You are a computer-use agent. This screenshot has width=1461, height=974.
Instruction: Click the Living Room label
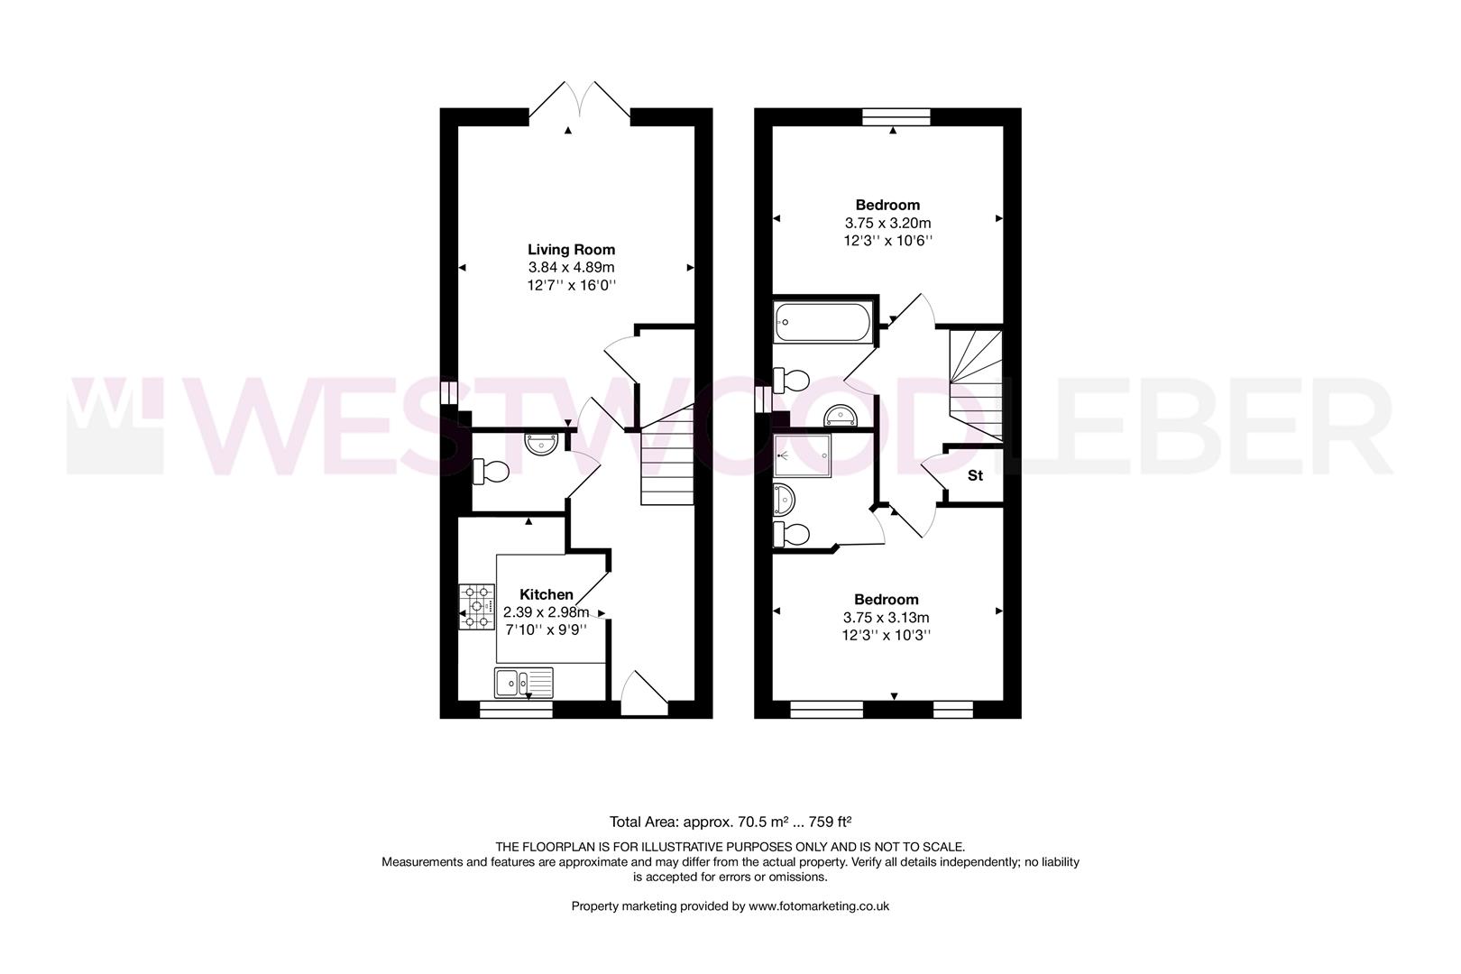click(571, 250)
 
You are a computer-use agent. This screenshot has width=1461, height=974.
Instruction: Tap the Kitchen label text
click(547, 594)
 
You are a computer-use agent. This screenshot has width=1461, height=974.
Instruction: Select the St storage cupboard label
click(975, 475)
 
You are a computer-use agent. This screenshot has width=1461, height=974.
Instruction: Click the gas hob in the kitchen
click(477, 607)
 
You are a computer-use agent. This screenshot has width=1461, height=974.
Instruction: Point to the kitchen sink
click(524, 683)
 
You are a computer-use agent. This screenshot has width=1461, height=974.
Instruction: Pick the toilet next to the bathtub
click(790, 380)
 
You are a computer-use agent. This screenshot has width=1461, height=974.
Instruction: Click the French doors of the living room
click(579, 101)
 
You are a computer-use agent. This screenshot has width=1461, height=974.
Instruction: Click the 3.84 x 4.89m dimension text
click(571, 268)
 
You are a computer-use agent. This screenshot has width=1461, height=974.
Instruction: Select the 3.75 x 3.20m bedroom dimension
click(887, 223)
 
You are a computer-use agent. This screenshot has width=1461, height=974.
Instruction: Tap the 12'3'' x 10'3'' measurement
click(887, 635)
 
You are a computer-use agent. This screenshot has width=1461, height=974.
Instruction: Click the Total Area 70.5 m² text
click(730, 822)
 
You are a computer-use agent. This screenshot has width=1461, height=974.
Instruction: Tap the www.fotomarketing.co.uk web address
click(819, 906)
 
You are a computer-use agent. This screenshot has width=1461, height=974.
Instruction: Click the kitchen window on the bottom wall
click(516, 711)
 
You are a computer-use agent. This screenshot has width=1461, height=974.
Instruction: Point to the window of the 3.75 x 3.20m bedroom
click(896, 116)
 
